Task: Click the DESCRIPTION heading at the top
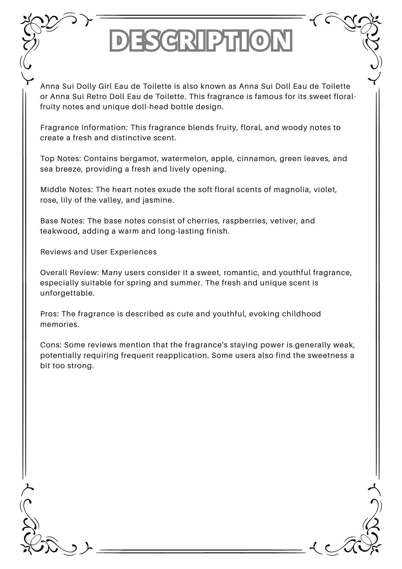click(x=201, y=40)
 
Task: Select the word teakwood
click(x=60, y=231)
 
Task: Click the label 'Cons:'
click(x=51, y=345)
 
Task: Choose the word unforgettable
click(x=67, y=293)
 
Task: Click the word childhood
click(x=301, y=314)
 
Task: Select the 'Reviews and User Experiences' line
click(x=98, y=252)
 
